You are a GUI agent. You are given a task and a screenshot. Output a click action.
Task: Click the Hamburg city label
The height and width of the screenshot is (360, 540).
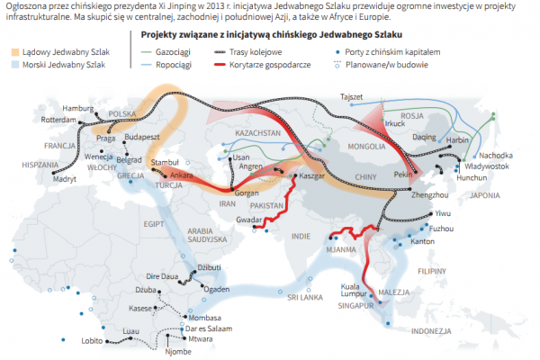(x=78, y=108)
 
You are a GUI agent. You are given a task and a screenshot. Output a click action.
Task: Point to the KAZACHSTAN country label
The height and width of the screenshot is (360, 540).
(x=258, y=132)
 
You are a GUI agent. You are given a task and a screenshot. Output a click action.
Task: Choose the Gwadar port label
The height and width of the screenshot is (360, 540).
(x=250, y=219)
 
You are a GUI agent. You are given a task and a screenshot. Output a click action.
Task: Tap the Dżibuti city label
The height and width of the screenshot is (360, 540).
(x=209, y=267)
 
